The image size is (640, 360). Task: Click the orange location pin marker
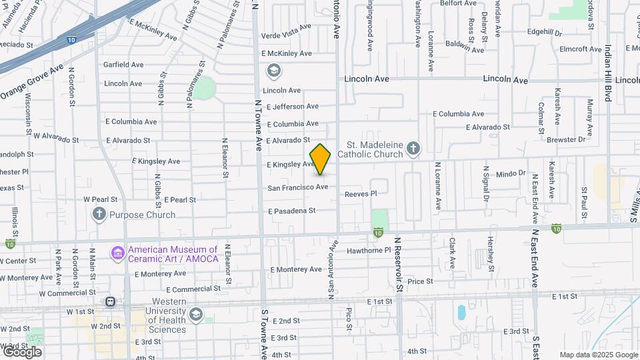coord(320,159)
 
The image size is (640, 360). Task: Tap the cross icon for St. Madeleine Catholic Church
coord(413,148)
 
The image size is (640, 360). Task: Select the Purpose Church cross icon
coord(99,215)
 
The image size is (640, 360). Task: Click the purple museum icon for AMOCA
coord(118,253)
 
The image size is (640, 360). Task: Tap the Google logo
coord(21,351)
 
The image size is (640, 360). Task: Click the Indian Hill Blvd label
coord(608,73)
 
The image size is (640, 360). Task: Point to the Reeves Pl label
coord(361,194)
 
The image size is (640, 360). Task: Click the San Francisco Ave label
coord(298,187)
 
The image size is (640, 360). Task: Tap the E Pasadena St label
coord(291,211)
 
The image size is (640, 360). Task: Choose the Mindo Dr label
coord(511,173)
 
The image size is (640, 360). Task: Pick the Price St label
coord(420,281)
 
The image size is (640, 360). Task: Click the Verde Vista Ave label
coord(286,27)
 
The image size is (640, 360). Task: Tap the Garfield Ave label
coord(123,65)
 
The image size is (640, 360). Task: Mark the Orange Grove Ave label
coord(32,83)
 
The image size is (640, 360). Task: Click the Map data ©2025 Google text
coord(598,355)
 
